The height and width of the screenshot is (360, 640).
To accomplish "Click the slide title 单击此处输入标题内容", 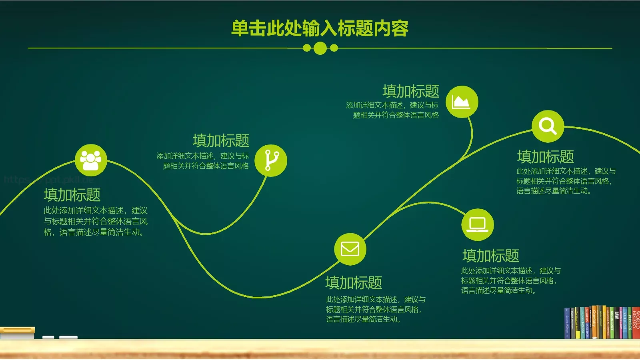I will click(x=320, y=28).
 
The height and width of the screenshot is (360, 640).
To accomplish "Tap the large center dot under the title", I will click(x=320, y=48).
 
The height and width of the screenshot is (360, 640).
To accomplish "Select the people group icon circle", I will click(x=91, y=160).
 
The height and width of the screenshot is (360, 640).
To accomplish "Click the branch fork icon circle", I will click(x=271, y=160).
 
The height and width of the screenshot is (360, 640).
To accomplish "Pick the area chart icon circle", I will click(x=462, y=102).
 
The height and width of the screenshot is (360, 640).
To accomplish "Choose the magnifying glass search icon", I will click(x=548, y=126).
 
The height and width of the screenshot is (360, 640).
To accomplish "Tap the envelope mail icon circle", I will click(x=350, y=249).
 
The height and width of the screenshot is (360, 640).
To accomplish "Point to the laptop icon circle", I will click(x=478, y=224).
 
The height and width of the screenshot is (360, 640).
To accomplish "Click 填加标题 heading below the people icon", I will click(x=72, y=195).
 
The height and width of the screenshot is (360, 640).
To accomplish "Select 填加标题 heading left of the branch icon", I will click(x=221, y=141).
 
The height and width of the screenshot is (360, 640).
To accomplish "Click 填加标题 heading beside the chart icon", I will click(x=411, y=92).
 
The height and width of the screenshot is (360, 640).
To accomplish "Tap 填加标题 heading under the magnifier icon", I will click(x=545, y=157).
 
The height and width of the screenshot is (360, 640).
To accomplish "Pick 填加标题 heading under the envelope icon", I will click(x=354, y=283).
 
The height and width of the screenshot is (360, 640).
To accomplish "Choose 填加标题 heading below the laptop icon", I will click(x=491, y=256).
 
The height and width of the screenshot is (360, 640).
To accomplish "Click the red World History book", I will click(x=636, y=322).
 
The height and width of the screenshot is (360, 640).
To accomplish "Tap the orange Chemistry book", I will click(x=594, y=322).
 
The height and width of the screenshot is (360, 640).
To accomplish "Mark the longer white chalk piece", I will click(x=68, y=338).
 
